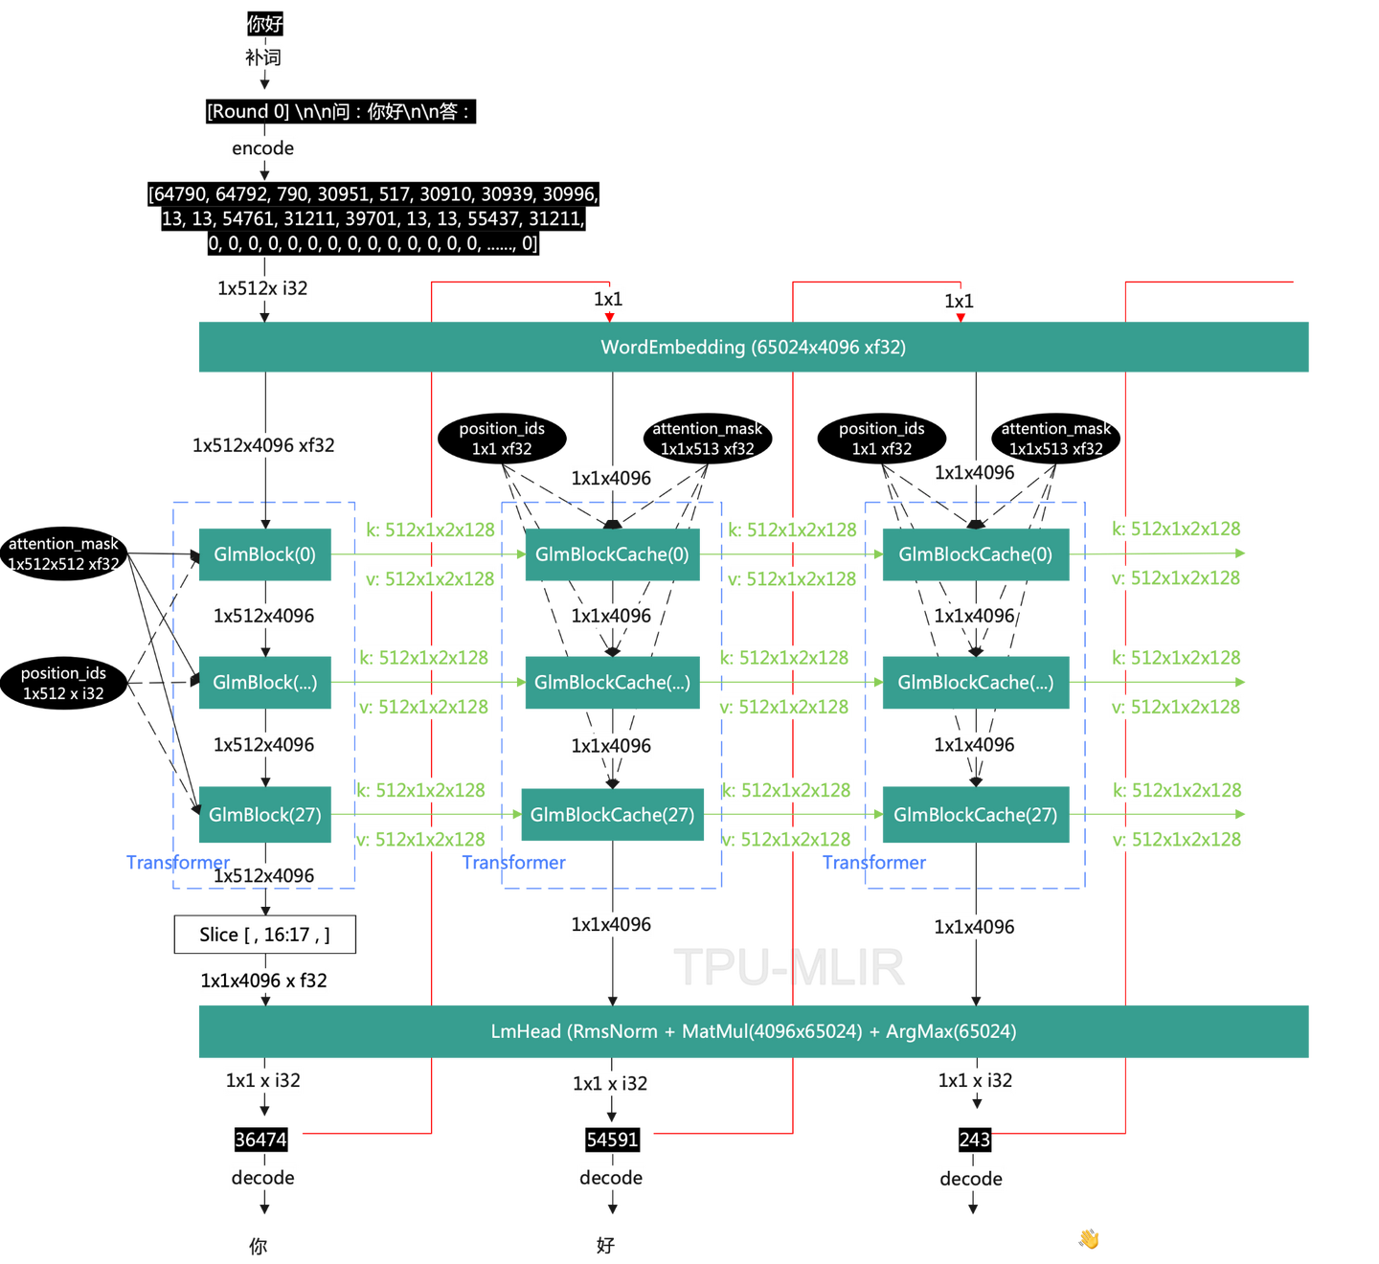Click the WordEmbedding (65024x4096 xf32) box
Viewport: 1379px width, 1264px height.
tap(753, 347)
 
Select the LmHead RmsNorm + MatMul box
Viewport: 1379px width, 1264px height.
tap(753, 1031)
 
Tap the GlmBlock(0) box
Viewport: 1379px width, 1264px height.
tap(264, 554)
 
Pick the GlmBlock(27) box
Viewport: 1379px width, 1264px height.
tap(264, 815)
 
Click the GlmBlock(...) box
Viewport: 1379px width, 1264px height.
tap(264, 683)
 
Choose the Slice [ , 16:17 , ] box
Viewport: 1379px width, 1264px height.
tap(264, 935)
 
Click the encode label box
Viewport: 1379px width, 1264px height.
tap(263, 148)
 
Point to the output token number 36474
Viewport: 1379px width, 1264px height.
tap(260, 1140)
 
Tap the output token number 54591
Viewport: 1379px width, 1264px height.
tap(612, 1140)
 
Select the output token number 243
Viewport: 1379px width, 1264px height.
tap(974, 1140)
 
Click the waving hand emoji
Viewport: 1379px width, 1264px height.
tap(1089, 1239)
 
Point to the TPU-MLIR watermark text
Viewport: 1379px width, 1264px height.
tap(789, 967)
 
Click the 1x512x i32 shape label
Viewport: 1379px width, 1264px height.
tap(263, 288)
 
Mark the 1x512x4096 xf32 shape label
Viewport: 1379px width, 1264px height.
tap(264, 445)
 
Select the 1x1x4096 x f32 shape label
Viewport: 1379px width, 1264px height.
tap(264, 981)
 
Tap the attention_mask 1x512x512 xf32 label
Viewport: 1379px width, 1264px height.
tap(63, 554)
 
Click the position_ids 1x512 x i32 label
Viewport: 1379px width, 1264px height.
tap(63, 684)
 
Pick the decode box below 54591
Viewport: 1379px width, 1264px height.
tap(611, 1178)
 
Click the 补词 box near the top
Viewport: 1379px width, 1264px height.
tap(263, 57)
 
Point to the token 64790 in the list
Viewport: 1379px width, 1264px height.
tap(178, 194)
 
